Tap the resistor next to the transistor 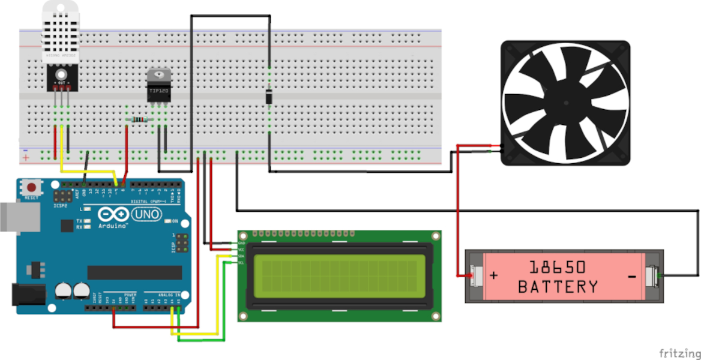coord(139,120)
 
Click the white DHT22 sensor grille coord(60,30)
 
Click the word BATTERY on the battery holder coord(558,286)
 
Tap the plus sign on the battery coord(494,276)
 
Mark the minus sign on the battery coord(631,277)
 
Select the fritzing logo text coord(679,352)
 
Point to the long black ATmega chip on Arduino coord(134,272)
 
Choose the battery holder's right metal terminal coord(652,276)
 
